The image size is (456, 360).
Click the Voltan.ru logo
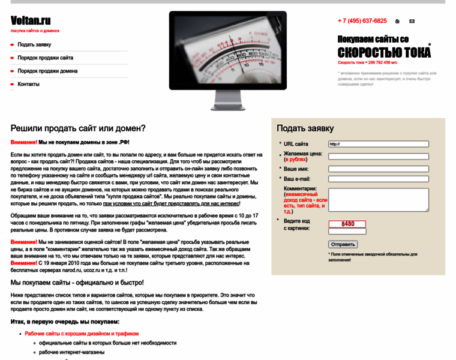(x=31, y=20)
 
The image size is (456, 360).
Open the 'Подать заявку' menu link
(x=34, y=44)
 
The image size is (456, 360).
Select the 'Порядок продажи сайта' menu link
(x=45, y=58)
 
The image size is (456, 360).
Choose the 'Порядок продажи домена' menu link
(x=47, y=71)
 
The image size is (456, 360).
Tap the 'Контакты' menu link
(x=28, y=84)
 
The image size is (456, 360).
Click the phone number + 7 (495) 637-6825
(x=362, y=20)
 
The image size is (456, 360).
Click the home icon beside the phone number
(x=397, y=21)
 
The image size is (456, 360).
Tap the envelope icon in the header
(x=412, y=21)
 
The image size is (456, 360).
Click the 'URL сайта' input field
(x=378, y=144)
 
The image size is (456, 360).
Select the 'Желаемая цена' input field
(x=378, y=157)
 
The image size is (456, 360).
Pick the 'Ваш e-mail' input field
(x=378, y=179)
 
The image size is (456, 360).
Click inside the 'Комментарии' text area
(x=378, y=199)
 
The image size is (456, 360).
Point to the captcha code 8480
(x=347, y=224)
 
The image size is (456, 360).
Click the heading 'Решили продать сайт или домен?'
(x=78, y=128)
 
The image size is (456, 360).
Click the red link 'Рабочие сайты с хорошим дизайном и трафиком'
(x=82, y=334)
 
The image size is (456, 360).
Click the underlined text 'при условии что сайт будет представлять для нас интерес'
(x=171, y=203)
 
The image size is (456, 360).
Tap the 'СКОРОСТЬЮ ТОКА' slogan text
(x=384, y=52)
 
